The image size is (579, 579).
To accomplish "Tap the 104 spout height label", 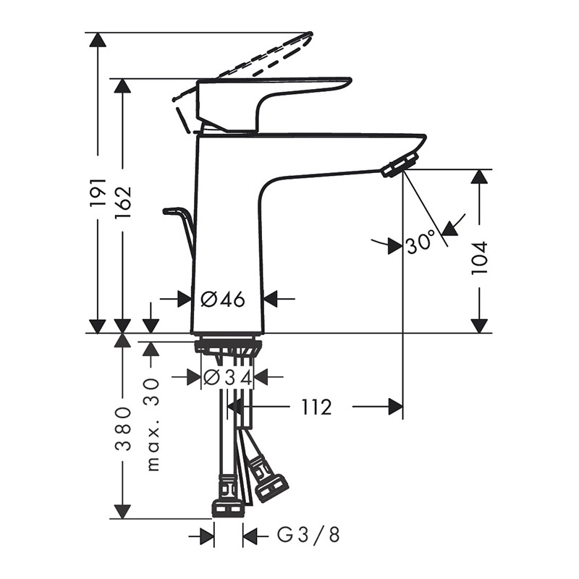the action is coord(480,258).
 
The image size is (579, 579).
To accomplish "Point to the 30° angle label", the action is coord(421,242).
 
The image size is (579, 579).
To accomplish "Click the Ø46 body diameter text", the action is coord(223,299).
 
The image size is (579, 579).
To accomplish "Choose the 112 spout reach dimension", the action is coord(317,407).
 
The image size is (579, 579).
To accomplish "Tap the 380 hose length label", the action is coord(123,428).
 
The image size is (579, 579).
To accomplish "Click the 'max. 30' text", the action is coord(153,425).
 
